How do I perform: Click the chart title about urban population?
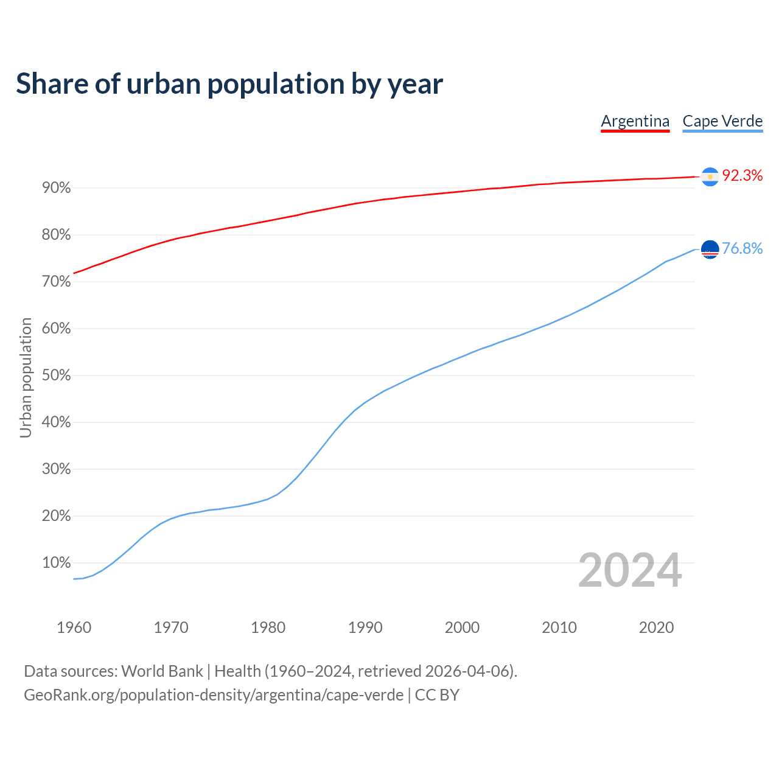tap(229, 84)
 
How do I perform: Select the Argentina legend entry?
tap(635, 121)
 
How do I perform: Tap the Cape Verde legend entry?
tap(722, 121)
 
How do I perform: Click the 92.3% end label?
tap(742, 176)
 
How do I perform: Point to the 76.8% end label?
tap(742, 249)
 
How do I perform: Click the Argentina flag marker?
tap(710, 176)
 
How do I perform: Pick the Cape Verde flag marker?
tap(710, 249)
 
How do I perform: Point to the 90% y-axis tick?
tap(57, 188)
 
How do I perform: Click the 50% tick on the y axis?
tap(57, 376)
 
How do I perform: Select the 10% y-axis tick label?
tap(57, 563)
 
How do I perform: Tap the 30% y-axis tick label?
tap(57, 469)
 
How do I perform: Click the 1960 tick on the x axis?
tap(74, 627)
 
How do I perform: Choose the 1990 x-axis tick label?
tap(365, 627)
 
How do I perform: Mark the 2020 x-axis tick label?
tap(656, 627)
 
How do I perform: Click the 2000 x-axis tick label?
tap(462, 627)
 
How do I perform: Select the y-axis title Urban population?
tap(26, 377)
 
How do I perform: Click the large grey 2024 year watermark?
tap(630, 570)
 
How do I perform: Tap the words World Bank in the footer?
tap(162, 671)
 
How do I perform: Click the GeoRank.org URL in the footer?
tap(213, 695)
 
